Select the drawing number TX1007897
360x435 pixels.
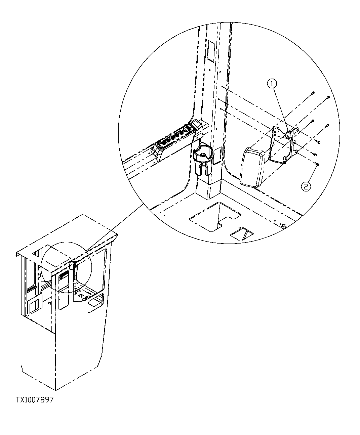(34, 400)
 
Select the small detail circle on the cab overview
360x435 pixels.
(66, 267)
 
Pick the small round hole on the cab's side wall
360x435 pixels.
(50, 304)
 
